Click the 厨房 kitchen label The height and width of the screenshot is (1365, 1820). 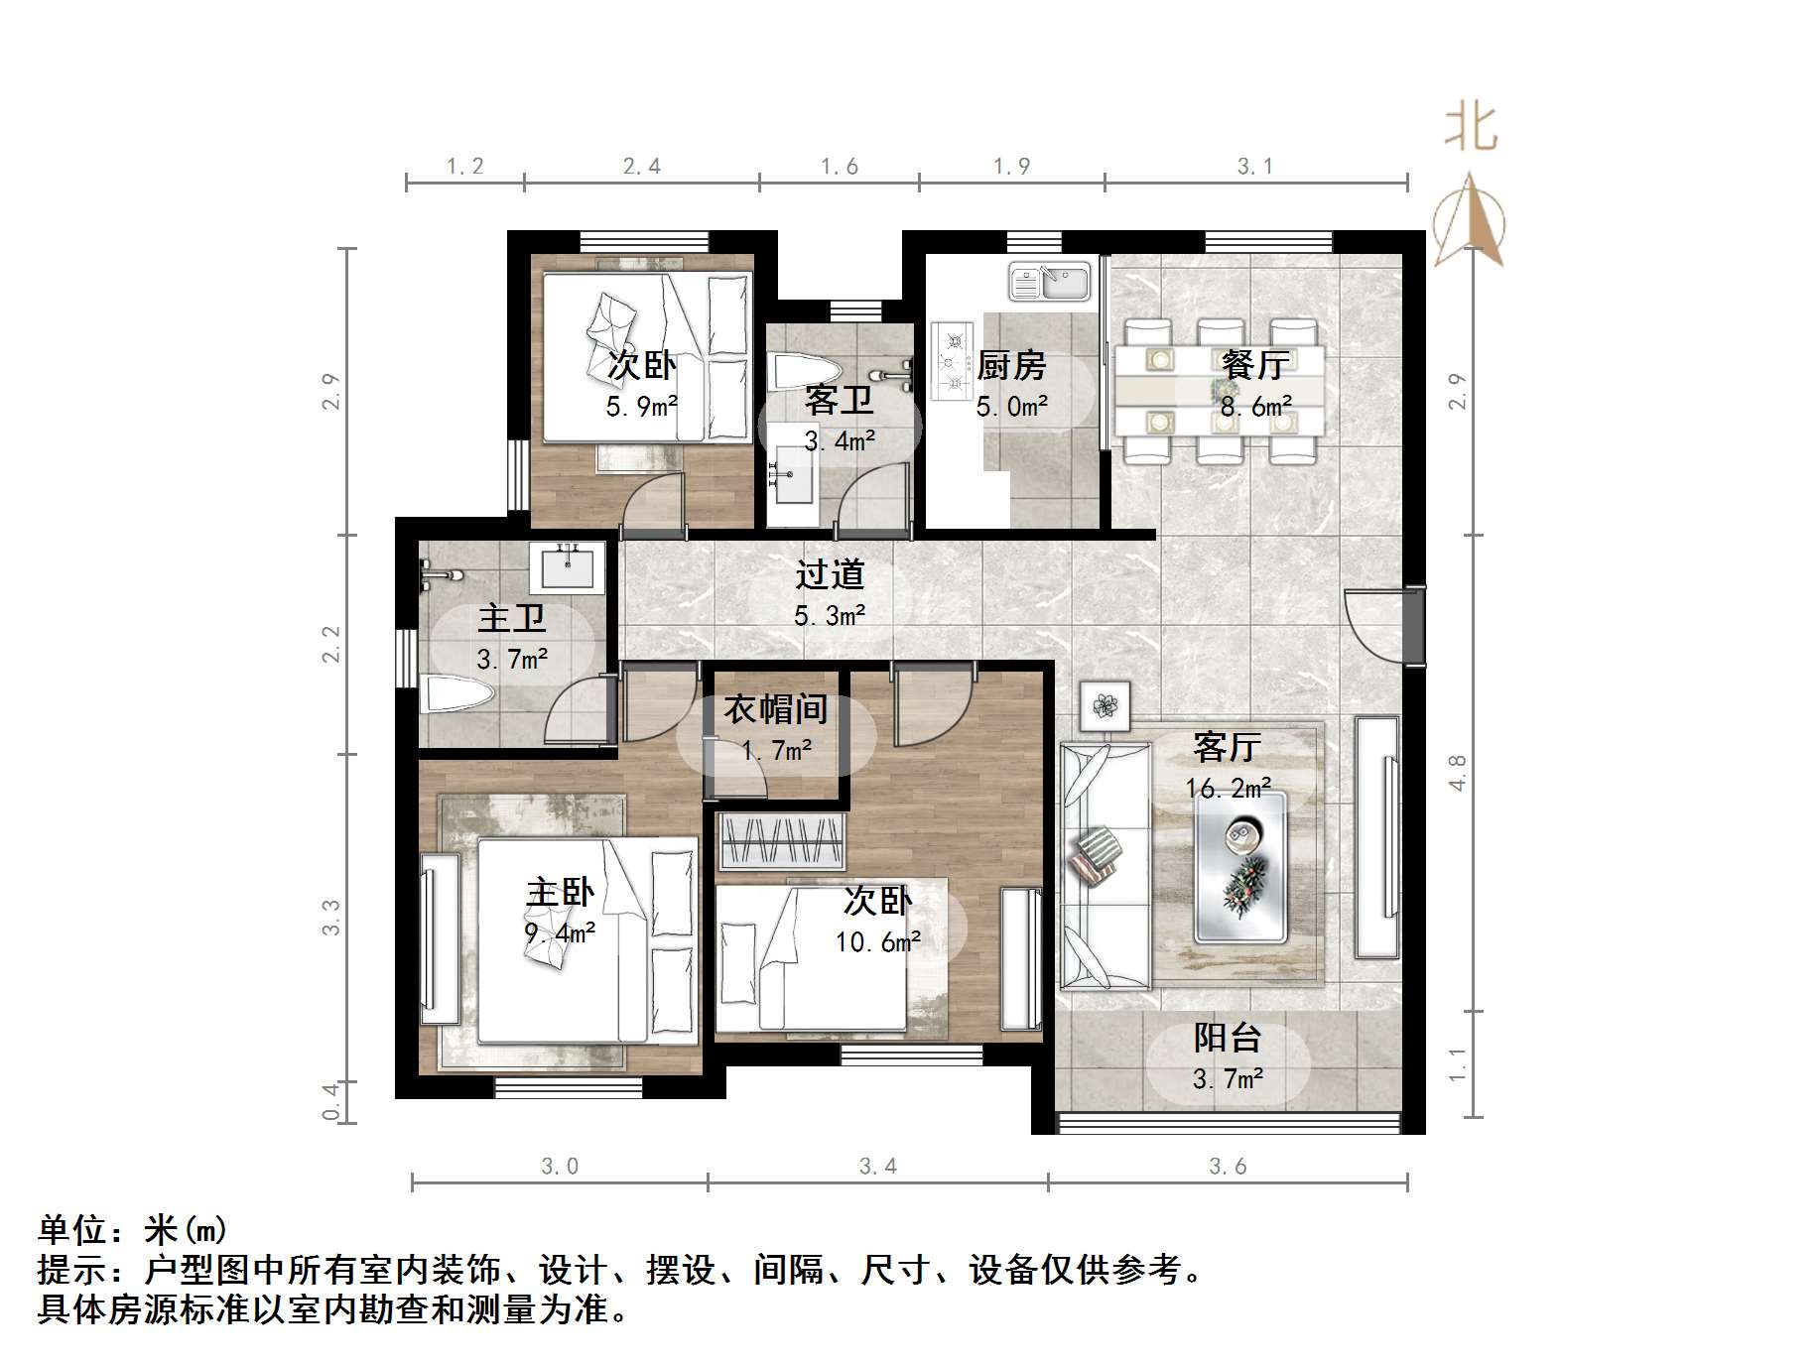click(1011, 366)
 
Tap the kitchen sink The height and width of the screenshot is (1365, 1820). click(1049, 282)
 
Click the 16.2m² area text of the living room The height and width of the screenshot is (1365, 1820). click(1228, 789)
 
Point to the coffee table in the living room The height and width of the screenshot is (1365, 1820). click(1240, 866)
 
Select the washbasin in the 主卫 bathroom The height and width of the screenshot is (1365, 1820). click(568, 567)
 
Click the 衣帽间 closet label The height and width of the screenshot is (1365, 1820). click(775, 709)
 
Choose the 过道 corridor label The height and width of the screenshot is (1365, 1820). click(830, 574)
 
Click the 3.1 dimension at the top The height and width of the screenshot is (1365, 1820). click(1254, 167)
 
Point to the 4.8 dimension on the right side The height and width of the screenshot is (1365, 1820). click(1457, 773)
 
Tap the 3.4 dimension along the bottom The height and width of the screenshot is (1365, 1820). click(877, 1167)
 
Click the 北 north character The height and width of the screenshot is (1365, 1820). click(1470, 130)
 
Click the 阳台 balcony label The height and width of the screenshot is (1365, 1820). click(1228, 1039)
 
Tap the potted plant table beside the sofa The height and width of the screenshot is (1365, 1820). click(1105, 705)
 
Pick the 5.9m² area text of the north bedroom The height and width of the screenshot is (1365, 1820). click(641, 406)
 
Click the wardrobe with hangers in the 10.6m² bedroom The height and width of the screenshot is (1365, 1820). click(782, 840)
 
